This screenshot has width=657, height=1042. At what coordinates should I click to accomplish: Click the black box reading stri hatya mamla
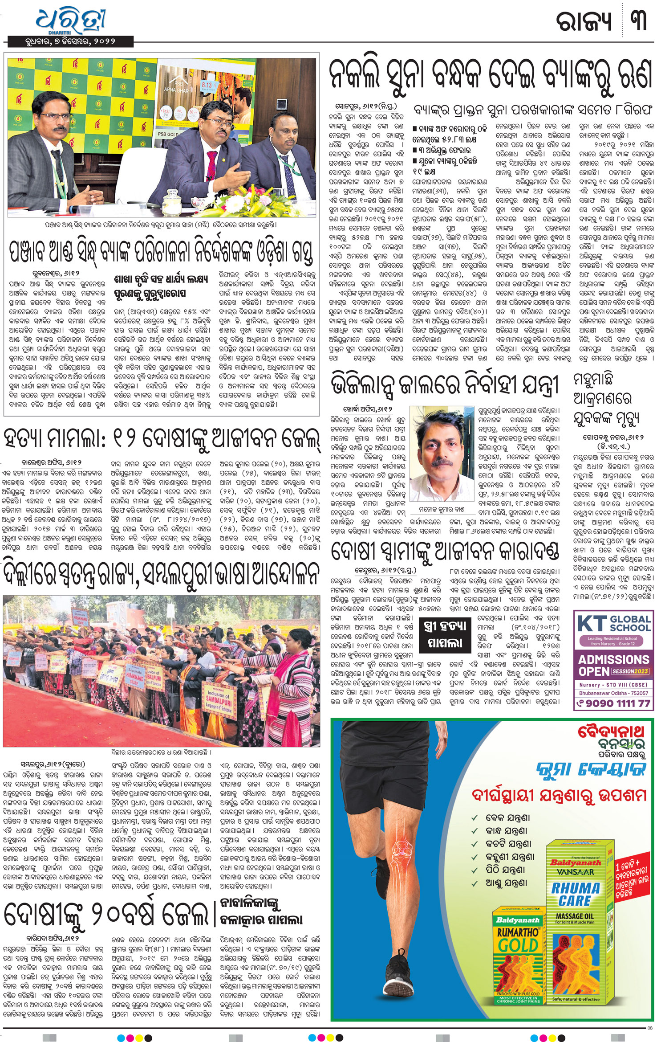click(x=445, y=634)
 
